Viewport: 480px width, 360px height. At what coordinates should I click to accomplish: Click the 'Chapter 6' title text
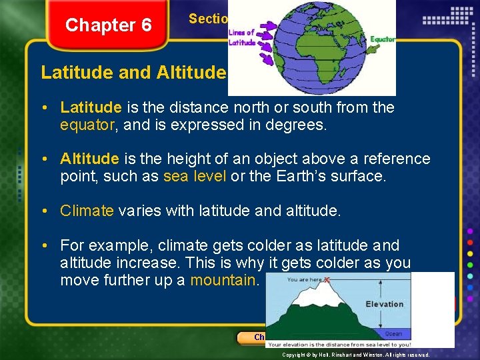tap(109, 25)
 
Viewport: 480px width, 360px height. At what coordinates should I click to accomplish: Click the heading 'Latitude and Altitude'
tap(134, 72)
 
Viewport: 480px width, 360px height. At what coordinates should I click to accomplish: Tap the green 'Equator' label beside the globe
tap(383, 39)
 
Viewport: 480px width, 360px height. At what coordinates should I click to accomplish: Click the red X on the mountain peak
tap(327, 280)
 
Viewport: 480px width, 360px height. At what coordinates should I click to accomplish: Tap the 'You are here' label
tap(304, 280)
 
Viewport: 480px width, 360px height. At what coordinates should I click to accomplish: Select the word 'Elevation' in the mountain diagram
tap(385, 304)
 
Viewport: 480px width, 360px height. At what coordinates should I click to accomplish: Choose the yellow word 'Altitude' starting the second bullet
tap(89, 159)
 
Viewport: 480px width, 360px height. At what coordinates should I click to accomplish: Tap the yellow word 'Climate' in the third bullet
tap(87, 211)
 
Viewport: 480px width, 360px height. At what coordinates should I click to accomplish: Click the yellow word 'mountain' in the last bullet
tap(223, 280)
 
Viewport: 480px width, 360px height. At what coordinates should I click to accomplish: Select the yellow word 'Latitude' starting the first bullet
tap(91, 107)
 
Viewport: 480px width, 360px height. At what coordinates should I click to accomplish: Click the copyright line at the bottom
tap(356, 355)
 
